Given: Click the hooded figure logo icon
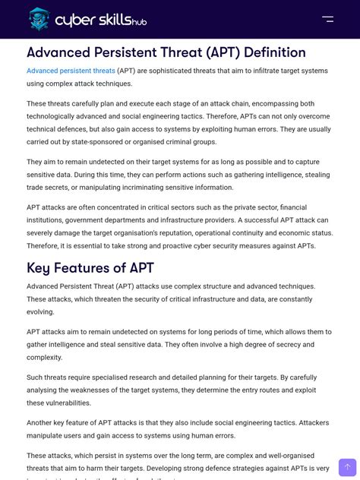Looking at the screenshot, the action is click(39, 19).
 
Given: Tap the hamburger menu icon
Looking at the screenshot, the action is click(327, 19).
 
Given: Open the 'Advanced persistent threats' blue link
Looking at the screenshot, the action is click(71, 71).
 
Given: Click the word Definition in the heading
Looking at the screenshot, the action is click(264, 52).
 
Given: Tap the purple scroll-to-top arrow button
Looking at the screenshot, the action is click(347, 467).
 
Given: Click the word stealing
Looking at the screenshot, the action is click(317, 175).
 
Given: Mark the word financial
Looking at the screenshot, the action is click(293, 207).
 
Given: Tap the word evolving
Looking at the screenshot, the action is click(40, 311).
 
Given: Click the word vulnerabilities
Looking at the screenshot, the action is click(68, 403).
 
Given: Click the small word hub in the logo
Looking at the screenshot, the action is click(139, 23).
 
